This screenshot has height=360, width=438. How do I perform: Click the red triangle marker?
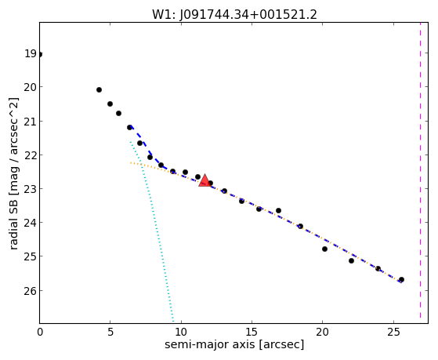point(205,180)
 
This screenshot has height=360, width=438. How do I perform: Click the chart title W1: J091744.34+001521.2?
point(234,15)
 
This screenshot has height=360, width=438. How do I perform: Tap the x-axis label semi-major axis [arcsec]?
point(234,344)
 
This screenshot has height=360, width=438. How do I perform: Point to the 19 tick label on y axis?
point(31,53)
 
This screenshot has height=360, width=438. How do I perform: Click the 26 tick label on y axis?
point(31,291)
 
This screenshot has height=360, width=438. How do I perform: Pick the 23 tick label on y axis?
point(31,189)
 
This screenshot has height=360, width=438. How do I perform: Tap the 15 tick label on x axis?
point(252,333)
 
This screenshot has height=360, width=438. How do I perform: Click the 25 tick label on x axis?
point(393,333)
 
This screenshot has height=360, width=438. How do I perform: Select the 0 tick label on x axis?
point(40,333)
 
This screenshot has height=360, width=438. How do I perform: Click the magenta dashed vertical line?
point(420,173)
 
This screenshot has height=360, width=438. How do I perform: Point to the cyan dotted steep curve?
point(152,232)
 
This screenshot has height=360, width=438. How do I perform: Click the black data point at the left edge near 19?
point(40,54)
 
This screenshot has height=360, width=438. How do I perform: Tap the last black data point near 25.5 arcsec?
point(401,279)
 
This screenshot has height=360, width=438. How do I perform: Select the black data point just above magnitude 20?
point(99,89)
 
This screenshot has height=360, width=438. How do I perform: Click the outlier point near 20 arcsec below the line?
point(324,249)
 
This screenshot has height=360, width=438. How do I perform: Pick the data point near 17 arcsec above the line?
point(278,210)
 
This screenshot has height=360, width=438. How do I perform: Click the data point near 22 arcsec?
point(351,260)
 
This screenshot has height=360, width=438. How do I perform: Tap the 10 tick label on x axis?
point(181,333)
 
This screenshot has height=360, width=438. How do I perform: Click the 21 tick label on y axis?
point(31,121)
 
